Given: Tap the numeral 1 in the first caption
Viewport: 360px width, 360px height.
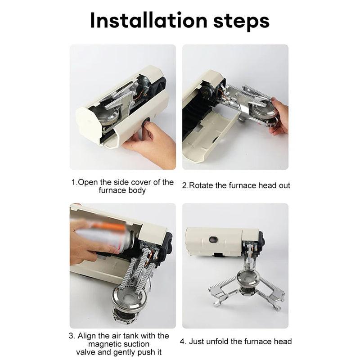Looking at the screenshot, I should [73, 183].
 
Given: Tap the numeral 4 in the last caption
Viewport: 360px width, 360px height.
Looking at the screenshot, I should [182, 341].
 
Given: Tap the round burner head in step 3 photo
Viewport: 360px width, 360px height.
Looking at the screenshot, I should [127, 301].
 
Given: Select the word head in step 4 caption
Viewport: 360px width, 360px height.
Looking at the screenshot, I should [283, 341].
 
